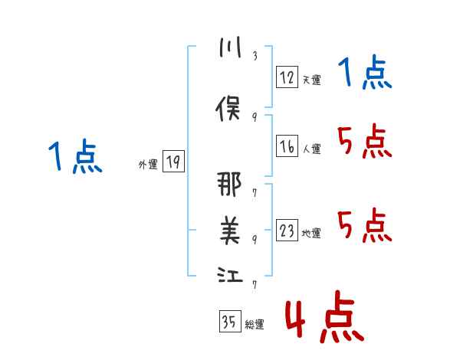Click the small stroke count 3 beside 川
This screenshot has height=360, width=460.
(255, 57)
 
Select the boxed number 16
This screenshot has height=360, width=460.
(287, 146)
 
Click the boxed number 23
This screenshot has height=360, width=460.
(287, 231)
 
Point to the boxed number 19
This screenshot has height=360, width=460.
(173, 161)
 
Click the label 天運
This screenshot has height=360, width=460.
(311, 79)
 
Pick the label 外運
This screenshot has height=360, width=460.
(148, 164)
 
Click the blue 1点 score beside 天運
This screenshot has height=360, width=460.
(365, 74)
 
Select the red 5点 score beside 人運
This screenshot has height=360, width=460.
(365, 141)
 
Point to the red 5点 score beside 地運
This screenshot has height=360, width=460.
(365, 225)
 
